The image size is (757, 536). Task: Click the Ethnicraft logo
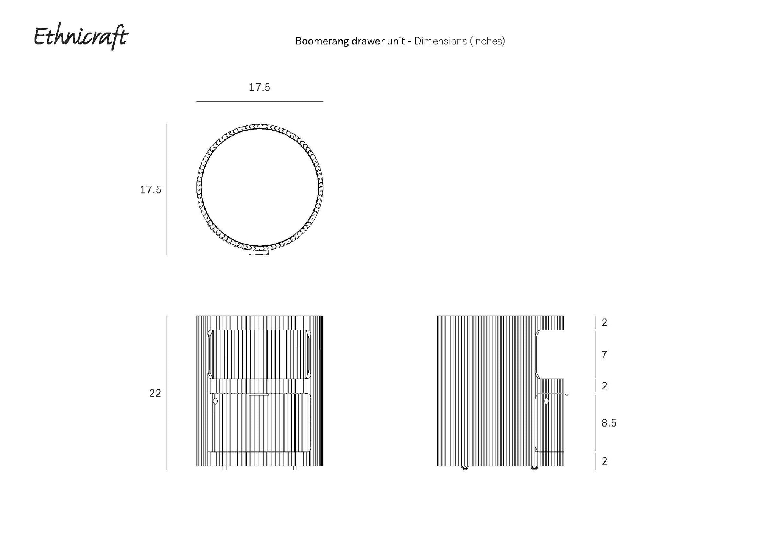pos(81,37)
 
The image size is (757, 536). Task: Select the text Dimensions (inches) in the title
pos(459,41)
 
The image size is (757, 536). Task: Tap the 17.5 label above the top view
pos(259,88)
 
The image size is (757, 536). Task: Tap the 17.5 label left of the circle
pos(151,190)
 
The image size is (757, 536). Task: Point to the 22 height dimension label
pos(155,393)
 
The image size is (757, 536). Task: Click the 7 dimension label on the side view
pos(604,355)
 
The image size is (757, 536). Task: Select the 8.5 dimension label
pos(609,423)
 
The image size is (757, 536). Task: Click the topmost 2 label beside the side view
pos(604,322)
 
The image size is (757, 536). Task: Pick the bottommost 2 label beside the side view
pos(604,461)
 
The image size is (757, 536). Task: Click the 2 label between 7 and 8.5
pos(604,386)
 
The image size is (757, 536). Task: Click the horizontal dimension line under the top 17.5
pos(260,101)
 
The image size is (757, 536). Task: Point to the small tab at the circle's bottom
pos(259,253)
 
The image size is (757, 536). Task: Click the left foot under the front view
pos(224,468)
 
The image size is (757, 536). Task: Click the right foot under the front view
pos(296,468)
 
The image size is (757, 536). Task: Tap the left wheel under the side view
pos(464,468)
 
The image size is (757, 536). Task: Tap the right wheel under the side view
pos(534,468)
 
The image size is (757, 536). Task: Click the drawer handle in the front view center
pos(259,395)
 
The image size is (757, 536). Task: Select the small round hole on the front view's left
pos(215,401)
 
